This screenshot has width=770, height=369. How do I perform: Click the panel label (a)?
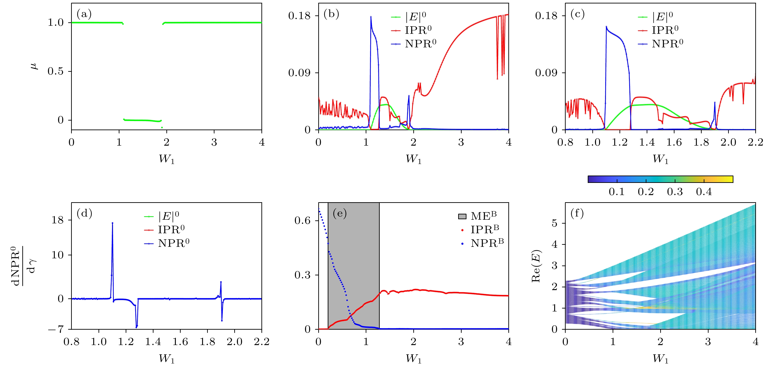(x=84, y=14)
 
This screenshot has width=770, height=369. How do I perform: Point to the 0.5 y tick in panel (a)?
(x=56, y=71)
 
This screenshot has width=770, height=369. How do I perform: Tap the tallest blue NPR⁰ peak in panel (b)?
(x=371, y=17)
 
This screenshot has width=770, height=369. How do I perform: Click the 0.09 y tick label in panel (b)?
(x=299, y=73)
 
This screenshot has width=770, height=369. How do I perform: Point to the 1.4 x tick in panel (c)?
(x=647, y=142)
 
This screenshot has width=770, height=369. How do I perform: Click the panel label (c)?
(x=577, y=14)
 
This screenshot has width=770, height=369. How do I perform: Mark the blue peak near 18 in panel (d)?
(x=112, y=223)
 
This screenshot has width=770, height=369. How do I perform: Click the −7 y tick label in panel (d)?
(x=56, y=329)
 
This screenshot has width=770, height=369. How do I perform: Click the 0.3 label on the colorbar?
(x=675, y=192)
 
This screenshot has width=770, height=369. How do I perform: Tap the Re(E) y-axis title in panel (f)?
(x=536, y=266)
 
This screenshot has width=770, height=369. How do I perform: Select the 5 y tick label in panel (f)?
(x=554, y=223)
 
